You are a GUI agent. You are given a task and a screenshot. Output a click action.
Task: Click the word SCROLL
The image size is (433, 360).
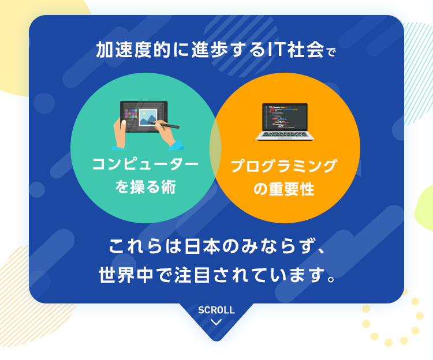tap(216, 310)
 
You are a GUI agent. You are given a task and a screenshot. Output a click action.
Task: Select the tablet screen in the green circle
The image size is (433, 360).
tap(144, 115)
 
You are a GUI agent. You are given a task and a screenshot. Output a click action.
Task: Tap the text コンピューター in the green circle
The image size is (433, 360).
tap(145, 165)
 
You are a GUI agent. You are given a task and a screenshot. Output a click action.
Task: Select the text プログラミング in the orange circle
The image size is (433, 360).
tap(284, 167)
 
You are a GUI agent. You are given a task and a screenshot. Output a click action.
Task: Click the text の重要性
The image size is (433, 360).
tap(284, 189)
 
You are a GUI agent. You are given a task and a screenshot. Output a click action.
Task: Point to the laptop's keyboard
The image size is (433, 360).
tap(285, 135)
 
